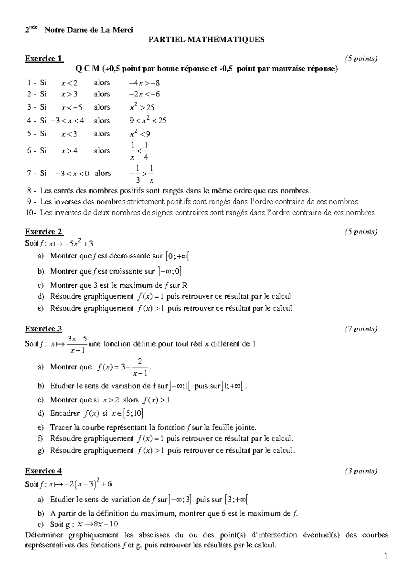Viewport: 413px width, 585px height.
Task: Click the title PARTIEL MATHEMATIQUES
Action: point(206,40)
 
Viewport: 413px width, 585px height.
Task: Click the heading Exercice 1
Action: point(44,59)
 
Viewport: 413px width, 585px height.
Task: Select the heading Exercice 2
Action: point(44,232)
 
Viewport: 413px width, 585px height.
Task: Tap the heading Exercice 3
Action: point(43,329)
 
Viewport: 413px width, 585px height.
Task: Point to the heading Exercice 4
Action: point(43,471)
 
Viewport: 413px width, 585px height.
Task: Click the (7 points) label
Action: point(361,329)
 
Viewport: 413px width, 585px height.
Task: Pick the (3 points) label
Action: point(361,471)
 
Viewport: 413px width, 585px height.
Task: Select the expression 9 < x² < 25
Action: point(148,121)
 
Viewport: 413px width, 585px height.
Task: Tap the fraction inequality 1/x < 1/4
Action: point(139,151)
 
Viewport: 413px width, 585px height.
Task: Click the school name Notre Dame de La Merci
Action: point(89,30)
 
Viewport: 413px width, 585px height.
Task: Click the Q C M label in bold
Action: point(87,69)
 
